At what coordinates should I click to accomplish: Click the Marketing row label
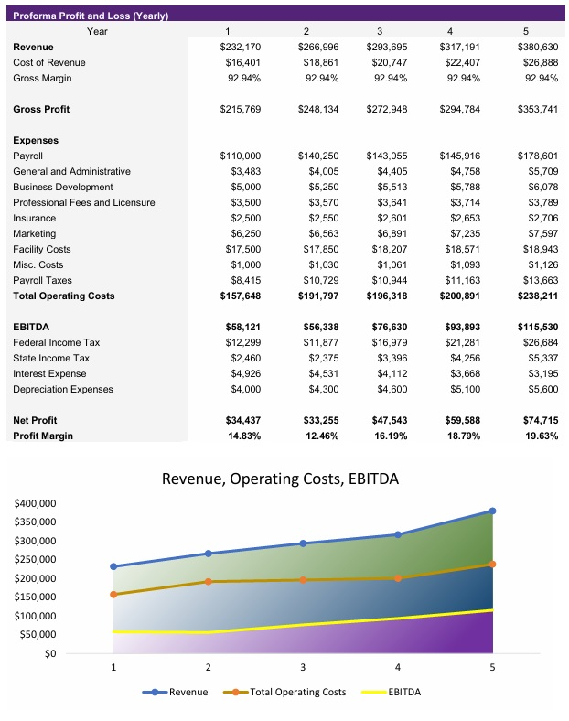(x=34, y=234)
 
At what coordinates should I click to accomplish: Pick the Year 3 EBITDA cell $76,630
(x=386, y=327)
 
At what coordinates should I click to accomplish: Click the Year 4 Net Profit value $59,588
(x=454, y=420)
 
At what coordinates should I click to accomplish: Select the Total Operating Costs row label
(x=63, y=296)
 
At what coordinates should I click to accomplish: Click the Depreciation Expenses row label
(x=63, y=389)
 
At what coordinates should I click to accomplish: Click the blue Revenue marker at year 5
(x=492, y=511)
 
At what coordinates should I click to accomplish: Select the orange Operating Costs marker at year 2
(x=209, y=582)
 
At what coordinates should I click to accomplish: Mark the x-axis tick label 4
(x=397, y=667)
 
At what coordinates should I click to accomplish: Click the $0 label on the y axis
(x=49, y=653)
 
